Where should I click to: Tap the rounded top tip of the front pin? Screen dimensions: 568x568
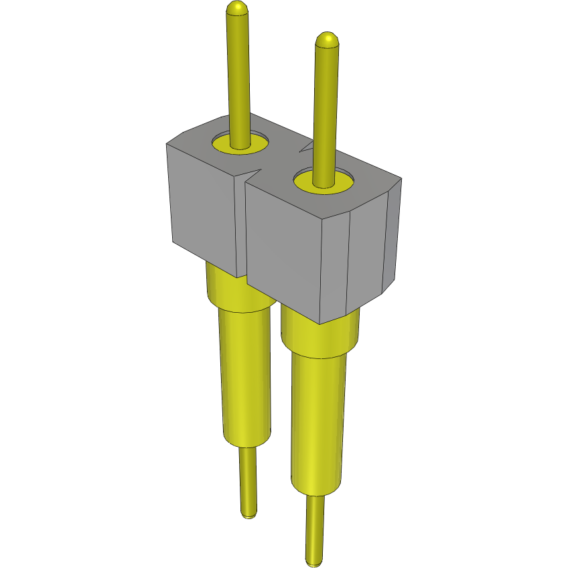pyautogui.click(x=326, y=40)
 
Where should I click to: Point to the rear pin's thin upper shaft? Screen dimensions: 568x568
pyautogui.click(x=239, y=74)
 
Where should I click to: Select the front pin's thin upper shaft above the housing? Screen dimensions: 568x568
pyautogui.click(x=325, y=107)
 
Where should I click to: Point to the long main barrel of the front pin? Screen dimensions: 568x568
pyautogui.click(x=317, y=422)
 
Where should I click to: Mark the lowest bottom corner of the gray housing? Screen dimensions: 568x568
pyautogui.click(x=320, y=324)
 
